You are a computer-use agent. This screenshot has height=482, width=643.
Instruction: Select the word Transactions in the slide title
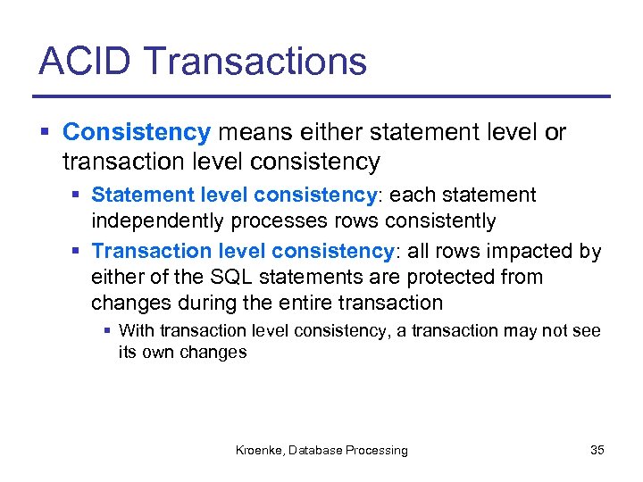(255, 62)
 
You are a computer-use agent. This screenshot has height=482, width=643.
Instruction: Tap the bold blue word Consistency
(136, 133)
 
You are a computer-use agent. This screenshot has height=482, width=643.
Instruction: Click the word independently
(153, 220)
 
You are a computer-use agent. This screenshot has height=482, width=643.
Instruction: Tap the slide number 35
(597, 451)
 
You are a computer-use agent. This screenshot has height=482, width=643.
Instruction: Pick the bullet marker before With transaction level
(108, 331)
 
